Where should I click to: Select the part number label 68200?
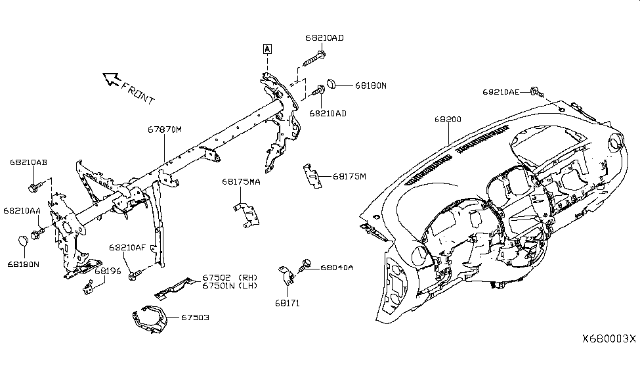448,120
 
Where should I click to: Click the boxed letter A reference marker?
267,48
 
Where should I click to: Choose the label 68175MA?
241,181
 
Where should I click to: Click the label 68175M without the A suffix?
349,175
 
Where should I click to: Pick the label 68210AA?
22,211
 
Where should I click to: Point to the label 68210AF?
127,247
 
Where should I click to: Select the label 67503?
196,317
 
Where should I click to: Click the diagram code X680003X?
608,338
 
